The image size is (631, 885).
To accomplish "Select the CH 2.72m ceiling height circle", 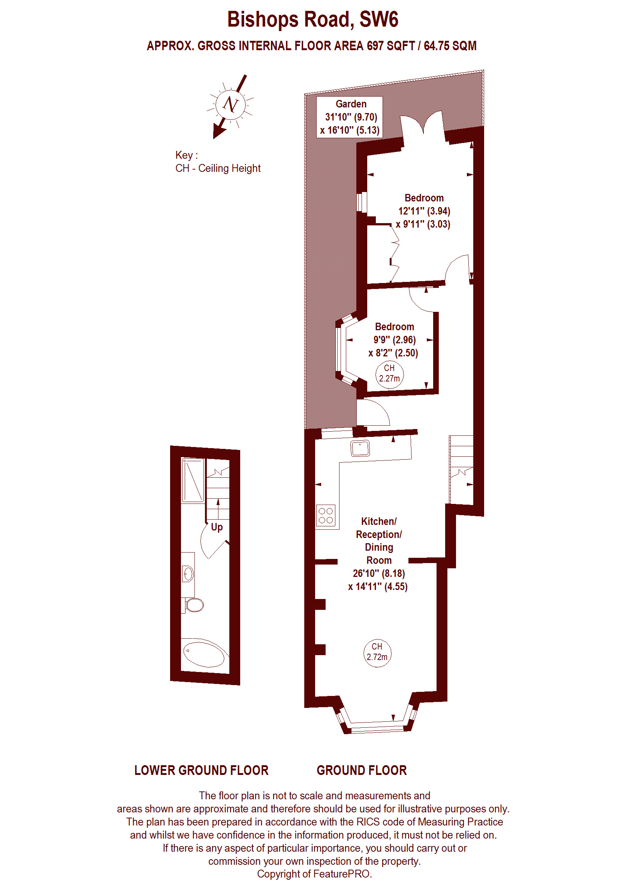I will point(377,653).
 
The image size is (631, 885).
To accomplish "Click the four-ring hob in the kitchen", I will point(326,516).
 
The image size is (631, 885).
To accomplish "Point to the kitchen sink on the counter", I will point(360,448).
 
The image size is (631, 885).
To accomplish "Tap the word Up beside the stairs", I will point(217,527).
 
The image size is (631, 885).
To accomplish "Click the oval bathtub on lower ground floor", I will point(204,654).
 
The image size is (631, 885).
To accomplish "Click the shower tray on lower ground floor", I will point(193,480).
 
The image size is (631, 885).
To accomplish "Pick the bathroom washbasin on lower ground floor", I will point(188,574).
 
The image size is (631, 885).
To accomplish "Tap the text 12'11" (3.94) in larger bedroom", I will point(424,211).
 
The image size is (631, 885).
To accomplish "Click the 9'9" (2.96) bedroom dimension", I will point(394,340).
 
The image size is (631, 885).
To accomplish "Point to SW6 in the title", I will point(378,19).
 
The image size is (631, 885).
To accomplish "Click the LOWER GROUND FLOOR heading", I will point(201,770).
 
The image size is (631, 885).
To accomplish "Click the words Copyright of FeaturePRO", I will point(314,874).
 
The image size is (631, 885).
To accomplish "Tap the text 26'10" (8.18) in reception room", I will point(378,573).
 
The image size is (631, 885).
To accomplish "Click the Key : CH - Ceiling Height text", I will point(218,162).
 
